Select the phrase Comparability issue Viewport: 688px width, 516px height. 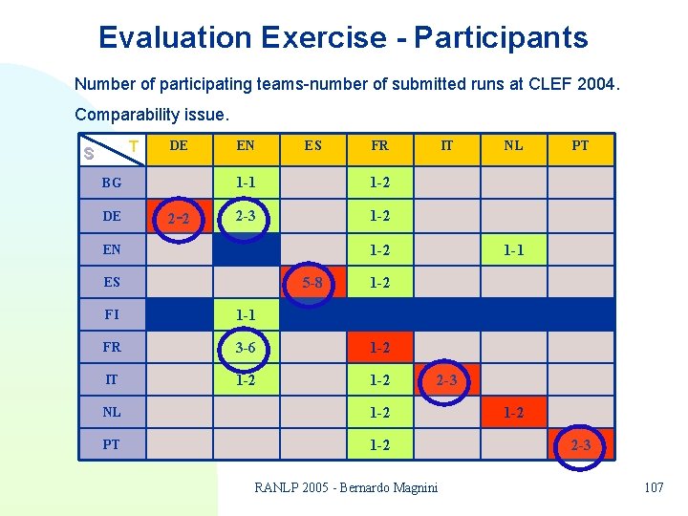click(x=152, y=115)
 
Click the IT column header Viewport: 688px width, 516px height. click(x=446, y=146)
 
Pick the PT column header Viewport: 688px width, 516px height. click(x=580, y=146)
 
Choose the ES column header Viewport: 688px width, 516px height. click(x=312, y=146)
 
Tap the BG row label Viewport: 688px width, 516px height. click(x=112, y=183)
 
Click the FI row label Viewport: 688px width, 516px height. click(x=112, y=314)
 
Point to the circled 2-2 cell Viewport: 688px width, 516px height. click(x=179, y=219)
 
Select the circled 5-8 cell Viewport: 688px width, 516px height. click(x=312, y=282)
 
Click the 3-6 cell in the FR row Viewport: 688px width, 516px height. click(x=246, y=348)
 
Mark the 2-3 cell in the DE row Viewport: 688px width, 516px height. click(x=246, y=216)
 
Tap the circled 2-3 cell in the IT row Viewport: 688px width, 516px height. click(x=446, y=380)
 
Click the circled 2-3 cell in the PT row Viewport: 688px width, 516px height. click(x=580, y=445)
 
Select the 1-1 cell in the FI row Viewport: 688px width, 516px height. click(x=246, y=314)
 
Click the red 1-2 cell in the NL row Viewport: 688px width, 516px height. click(x=513, y=413)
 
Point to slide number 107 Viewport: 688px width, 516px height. click(x=654, y=488)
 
